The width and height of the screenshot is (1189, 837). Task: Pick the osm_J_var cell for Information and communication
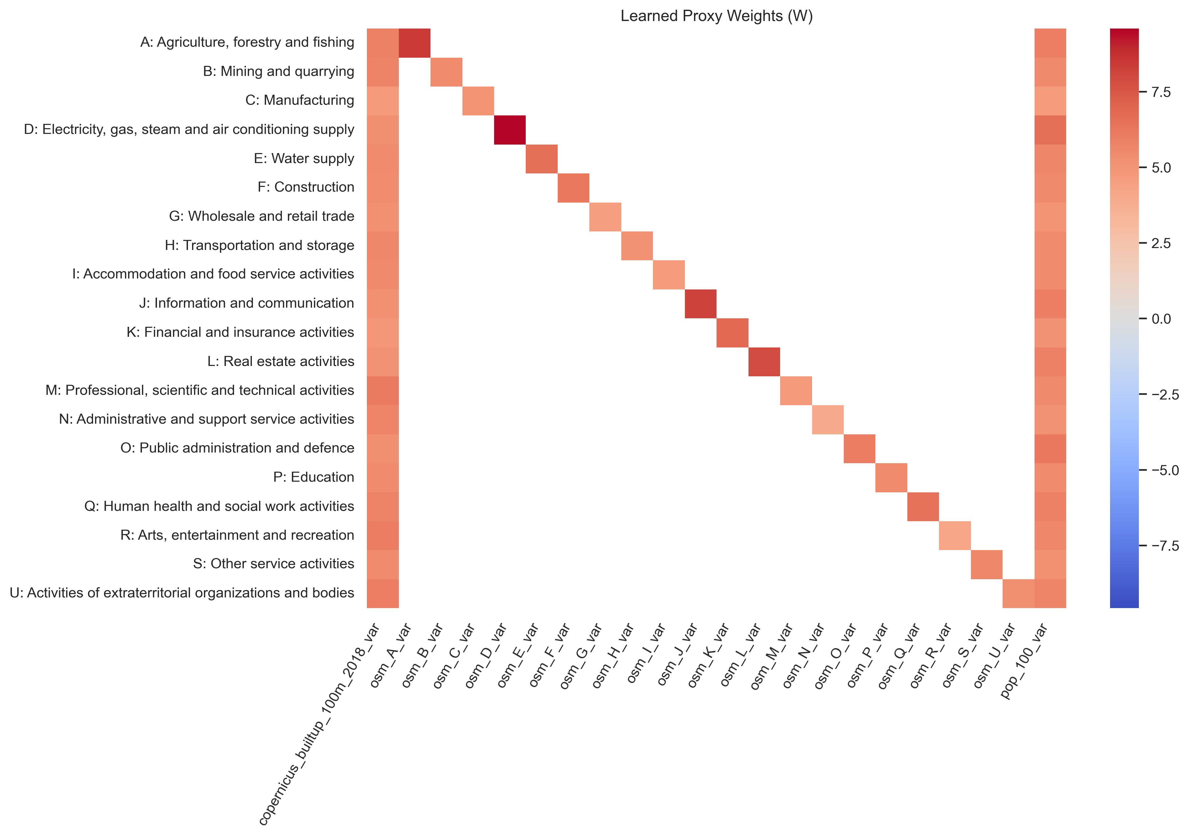click(700, 304)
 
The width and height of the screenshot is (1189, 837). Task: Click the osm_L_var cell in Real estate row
click(764, 362)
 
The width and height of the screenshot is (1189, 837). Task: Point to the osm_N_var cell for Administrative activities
click(827, 420)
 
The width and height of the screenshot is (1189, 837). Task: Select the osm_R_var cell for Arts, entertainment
click(954, 535)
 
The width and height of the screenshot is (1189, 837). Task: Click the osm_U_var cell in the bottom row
click(1018, 593)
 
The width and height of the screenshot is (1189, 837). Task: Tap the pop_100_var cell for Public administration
click(1050, 448)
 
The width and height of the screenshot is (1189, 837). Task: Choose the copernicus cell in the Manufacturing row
click(383, 101)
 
